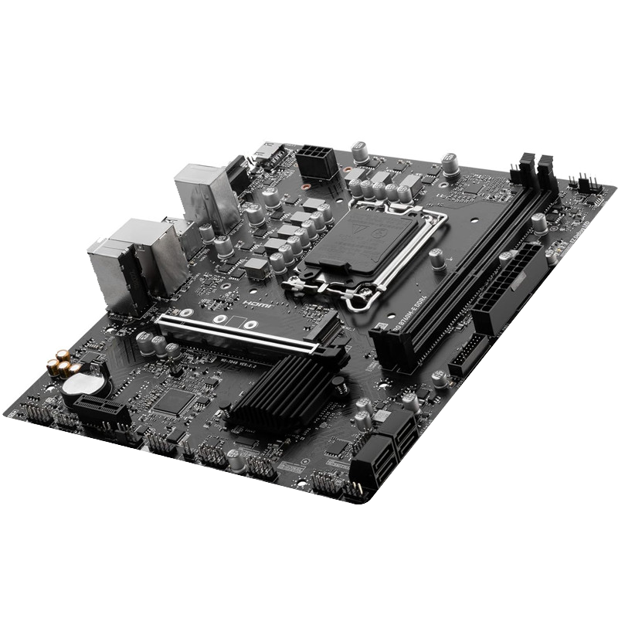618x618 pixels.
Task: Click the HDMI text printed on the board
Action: (x=253, y=304)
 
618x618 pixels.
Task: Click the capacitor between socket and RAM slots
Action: (x=438, y=261)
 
